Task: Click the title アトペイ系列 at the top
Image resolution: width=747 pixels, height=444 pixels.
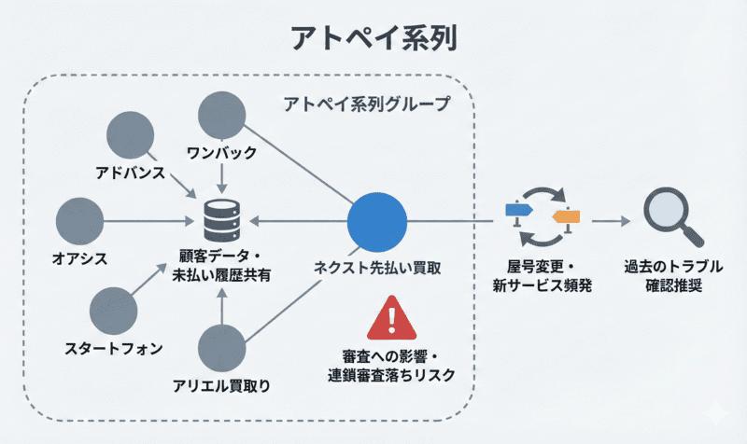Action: tap(373, 39)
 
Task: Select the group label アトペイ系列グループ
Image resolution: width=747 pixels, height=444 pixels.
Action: tap(366, 104)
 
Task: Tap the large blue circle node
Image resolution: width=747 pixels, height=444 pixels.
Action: tap(377, 222)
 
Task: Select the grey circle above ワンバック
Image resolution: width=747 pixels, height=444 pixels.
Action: tap(222, 117)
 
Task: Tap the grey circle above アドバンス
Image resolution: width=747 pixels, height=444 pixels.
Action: tap(131, 136)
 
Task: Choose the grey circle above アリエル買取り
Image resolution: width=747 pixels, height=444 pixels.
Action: tap(222, 348)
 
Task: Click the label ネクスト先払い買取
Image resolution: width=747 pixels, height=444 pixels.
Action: tap(377, 268)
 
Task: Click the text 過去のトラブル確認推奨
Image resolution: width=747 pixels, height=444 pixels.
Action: tap(663, 276)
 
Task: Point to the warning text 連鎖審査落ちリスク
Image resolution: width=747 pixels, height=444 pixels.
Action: tap(391, 375)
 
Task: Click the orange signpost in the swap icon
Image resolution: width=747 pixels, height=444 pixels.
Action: tap(566, 218)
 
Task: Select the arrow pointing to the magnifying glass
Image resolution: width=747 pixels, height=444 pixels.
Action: tap(612, 222)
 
